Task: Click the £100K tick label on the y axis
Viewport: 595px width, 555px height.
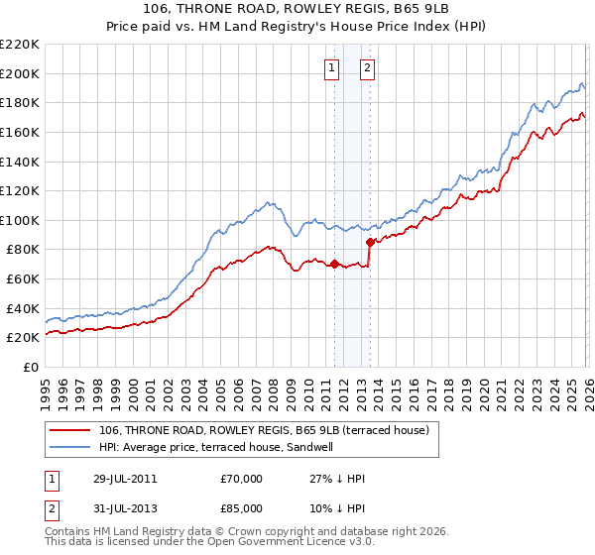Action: (x=20, y=220)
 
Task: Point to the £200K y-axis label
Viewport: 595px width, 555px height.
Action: (x=20, y=73)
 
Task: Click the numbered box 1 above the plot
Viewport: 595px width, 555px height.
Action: (x=329, y=68)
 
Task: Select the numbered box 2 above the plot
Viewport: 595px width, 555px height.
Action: (x=367, y=68)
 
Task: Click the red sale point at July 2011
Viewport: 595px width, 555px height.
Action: (x=334, y=265)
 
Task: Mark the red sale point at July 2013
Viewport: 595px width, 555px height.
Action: (x=370, y=242)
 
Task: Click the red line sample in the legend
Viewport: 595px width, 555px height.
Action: (x=69, y=430)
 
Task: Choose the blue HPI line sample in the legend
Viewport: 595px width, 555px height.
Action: (x=69, y=447)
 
